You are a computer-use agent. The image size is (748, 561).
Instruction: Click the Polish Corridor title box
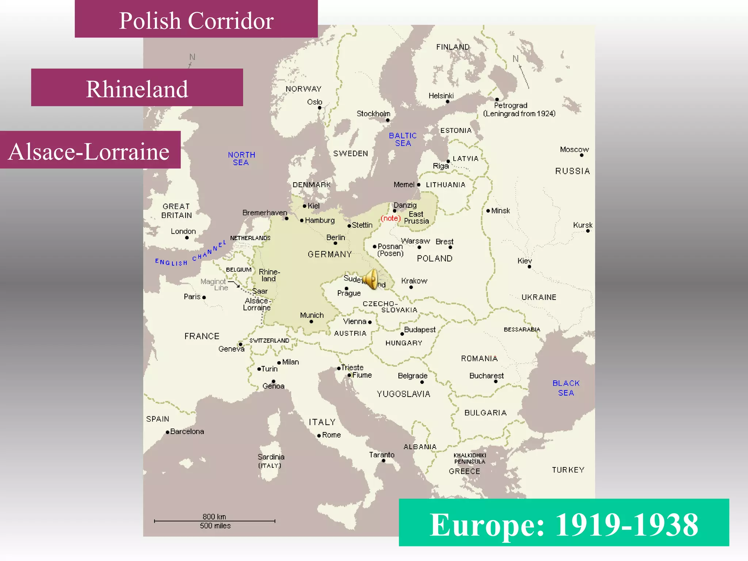click(196, 19)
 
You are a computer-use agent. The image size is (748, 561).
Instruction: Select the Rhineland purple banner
click(137, 88)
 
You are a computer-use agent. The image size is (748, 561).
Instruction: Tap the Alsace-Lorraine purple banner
click(90, 150)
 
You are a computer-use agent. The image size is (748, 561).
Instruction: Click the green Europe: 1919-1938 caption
click(564, 523)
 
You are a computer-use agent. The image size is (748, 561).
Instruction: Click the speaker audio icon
click(371, 279)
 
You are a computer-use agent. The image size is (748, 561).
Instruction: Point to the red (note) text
click(390, 218)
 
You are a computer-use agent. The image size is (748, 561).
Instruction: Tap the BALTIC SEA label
click(402, 140)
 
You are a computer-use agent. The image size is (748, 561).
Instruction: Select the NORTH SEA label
click(241, 159)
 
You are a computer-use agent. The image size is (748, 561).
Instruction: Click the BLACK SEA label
click(566, 388)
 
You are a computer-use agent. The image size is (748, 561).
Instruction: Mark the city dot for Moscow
click(581, 155)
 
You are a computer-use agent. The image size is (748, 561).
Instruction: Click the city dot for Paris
click(204, 297)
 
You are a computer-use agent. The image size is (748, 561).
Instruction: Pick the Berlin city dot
click(335, 243)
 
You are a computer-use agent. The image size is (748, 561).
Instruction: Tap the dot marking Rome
click(319, 435)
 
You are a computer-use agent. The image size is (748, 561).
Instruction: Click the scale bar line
click(214, 521)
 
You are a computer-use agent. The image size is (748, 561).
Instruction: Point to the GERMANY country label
click(329, 254)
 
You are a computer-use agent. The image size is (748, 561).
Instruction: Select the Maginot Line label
click(214, 284)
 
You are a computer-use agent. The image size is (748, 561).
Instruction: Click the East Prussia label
click(416, 218)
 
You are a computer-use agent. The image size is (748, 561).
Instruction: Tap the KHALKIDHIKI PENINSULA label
click(470, 458)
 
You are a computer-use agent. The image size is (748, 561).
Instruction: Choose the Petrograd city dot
click(497, 99)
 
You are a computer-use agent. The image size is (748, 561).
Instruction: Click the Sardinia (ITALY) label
click(271, 461)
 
